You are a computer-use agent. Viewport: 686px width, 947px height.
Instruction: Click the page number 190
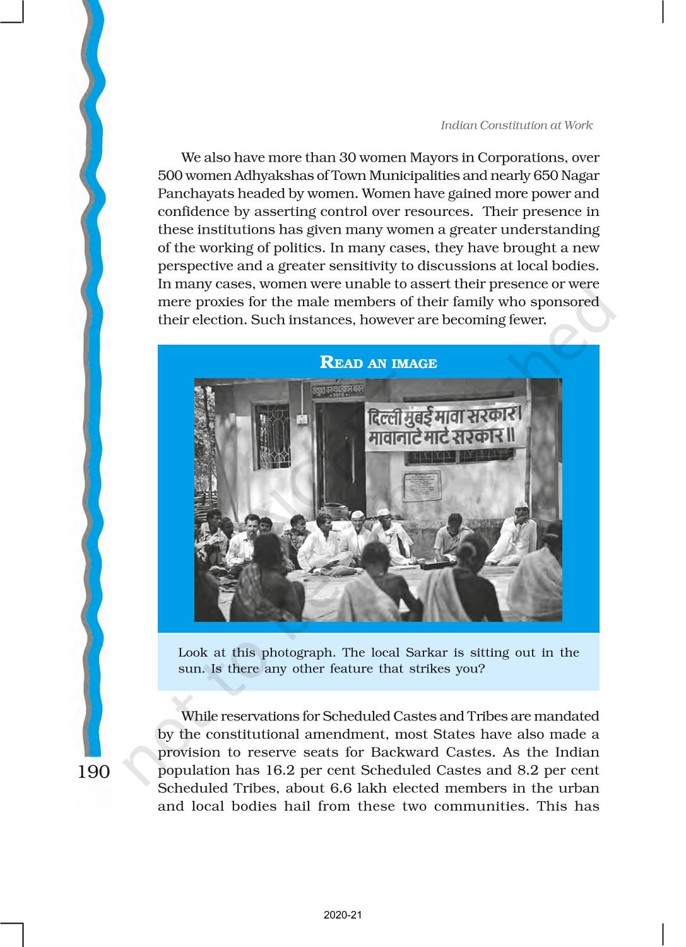(93, 771)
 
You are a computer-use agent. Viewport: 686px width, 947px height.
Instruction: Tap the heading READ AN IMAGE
(378, 362)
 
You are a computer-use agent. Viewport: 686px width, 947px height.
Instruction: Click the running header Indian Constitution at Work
(516, 125)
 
